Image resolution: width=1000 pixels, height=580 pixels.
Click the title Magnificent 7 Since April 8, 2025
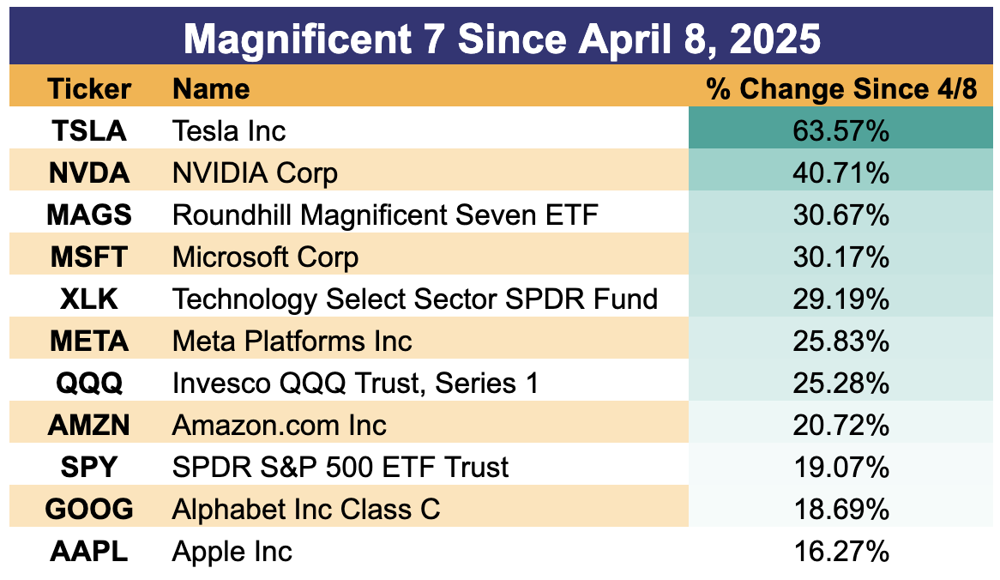[502, 39]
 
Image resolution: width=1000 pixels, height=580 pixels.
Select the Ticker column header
[88, 88]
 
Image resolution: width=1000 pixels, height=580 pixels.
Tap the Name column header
[211, 88]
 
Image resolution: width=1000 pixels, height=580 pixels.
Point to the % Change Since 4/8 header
[841, 88]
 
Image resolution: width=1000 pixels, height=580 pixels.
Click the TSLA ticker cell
[88, 130]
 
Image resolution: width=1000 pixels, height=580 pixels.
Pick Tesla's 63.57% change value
[841, 130]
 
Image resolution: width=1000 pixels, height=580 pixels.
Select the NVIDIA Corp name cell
[255, 173]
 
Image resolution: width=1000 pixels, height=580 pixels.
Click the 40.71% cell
[841, 173]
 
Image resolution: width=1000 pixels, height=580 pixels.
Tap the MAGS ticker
[88, 215]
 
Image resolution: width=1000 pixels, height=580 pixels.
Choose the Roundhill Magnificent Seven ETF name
[385, 215]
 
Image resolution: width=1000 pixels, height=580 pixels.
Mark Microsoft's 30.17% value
[841, 257]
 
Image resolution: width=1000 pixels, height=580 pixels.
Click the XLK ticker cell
[88, 299]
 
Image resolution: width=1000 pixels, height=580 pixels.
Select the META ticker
[88, 341]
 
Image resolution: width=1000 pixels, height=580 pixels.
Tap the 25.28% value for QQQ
[841, 384]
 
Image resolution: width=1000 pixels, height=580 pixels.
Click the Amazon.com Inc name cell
[280, 426]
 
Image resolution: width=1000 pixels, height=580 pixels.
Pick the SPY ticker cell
[88, 468]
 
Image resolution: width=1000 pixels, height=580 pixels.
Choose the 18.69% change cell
[841, 510]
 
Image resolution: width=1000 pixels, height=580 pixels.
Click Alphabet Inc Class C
[306, 510]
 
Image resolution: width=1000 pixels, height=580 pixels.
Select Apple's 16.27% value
[841, 552]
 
